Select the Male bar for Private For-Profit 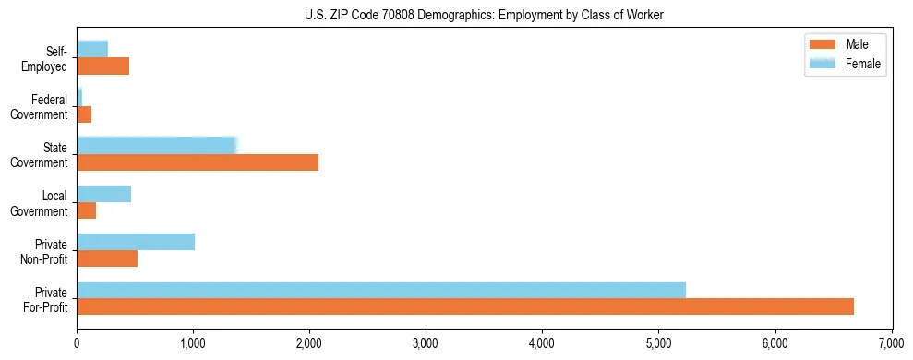pyautogui.click(x=465, y=306)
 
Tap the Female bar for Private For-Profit pyautogui.click(x=381, y=290)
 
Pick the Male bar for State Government pyautogui.click(x=198, y=162)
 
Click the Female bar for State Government pyautogui.click(x=157, y=145)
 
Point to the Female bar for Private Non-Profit pyautogui.click(x=136, y=242)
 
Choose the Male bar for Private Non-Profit pyautogui.click(x=107, y=258)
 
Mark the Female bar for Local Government pyautogui.click(x=104, y=194)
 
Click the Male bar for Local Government pyautogui.click(x=87, y=210)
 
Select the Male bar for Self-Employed pyautogui.click(x=103, y=66)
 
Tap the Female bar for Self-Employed pyautogui.click(x=92, y=49)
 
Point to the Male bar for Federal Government pyautogui.click(x=84, y=114)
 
